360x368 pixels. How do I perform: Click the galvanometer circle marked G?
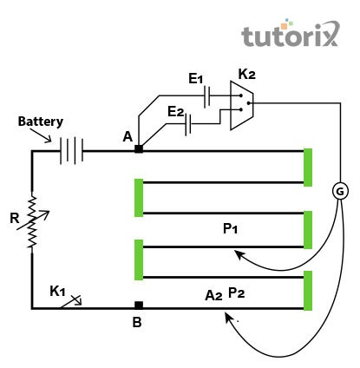(340, 191)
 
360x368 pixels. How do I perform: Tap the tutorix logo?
(290, 33)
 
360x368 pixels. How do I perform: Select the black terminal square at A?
(139, 148)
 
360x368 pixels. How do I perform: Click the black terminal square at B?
(139, 306)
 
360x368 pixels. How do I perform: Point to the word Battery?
(41, 122)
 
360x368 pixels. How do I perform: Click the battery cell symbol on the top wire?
(71, 151)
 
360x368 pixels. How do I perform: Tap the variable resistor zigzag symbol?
(32, 222)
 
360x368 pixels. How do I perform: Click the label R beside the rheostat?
(14, 218)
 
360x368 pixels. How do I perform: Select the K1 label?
(57, 291)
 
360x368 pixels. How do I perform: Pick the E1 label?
(196, 79)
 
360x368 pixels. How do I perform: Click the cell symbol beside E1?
(206, 97)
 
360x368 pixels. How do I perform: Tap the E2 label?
(176, 112)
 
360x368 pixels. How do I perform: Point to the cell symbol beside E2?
(188, 125)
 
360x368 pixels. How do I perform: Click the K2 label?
(247, 74)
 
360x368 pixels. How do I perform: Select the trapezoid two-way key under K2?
(242, 105)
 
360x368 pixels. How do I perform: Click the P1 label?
(231, 228)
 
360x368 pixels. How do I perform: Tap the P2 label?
(237, 292)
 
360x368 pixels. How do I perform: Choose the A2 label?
(213, 295)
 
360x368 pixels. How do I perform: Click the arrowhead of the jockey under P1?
(239, 254)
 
